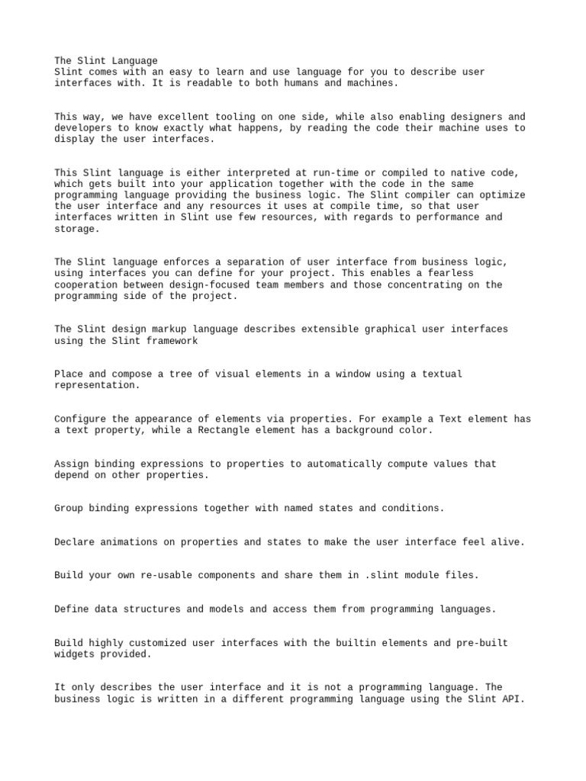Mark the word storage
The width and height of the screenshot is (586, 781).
point(76,229)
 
